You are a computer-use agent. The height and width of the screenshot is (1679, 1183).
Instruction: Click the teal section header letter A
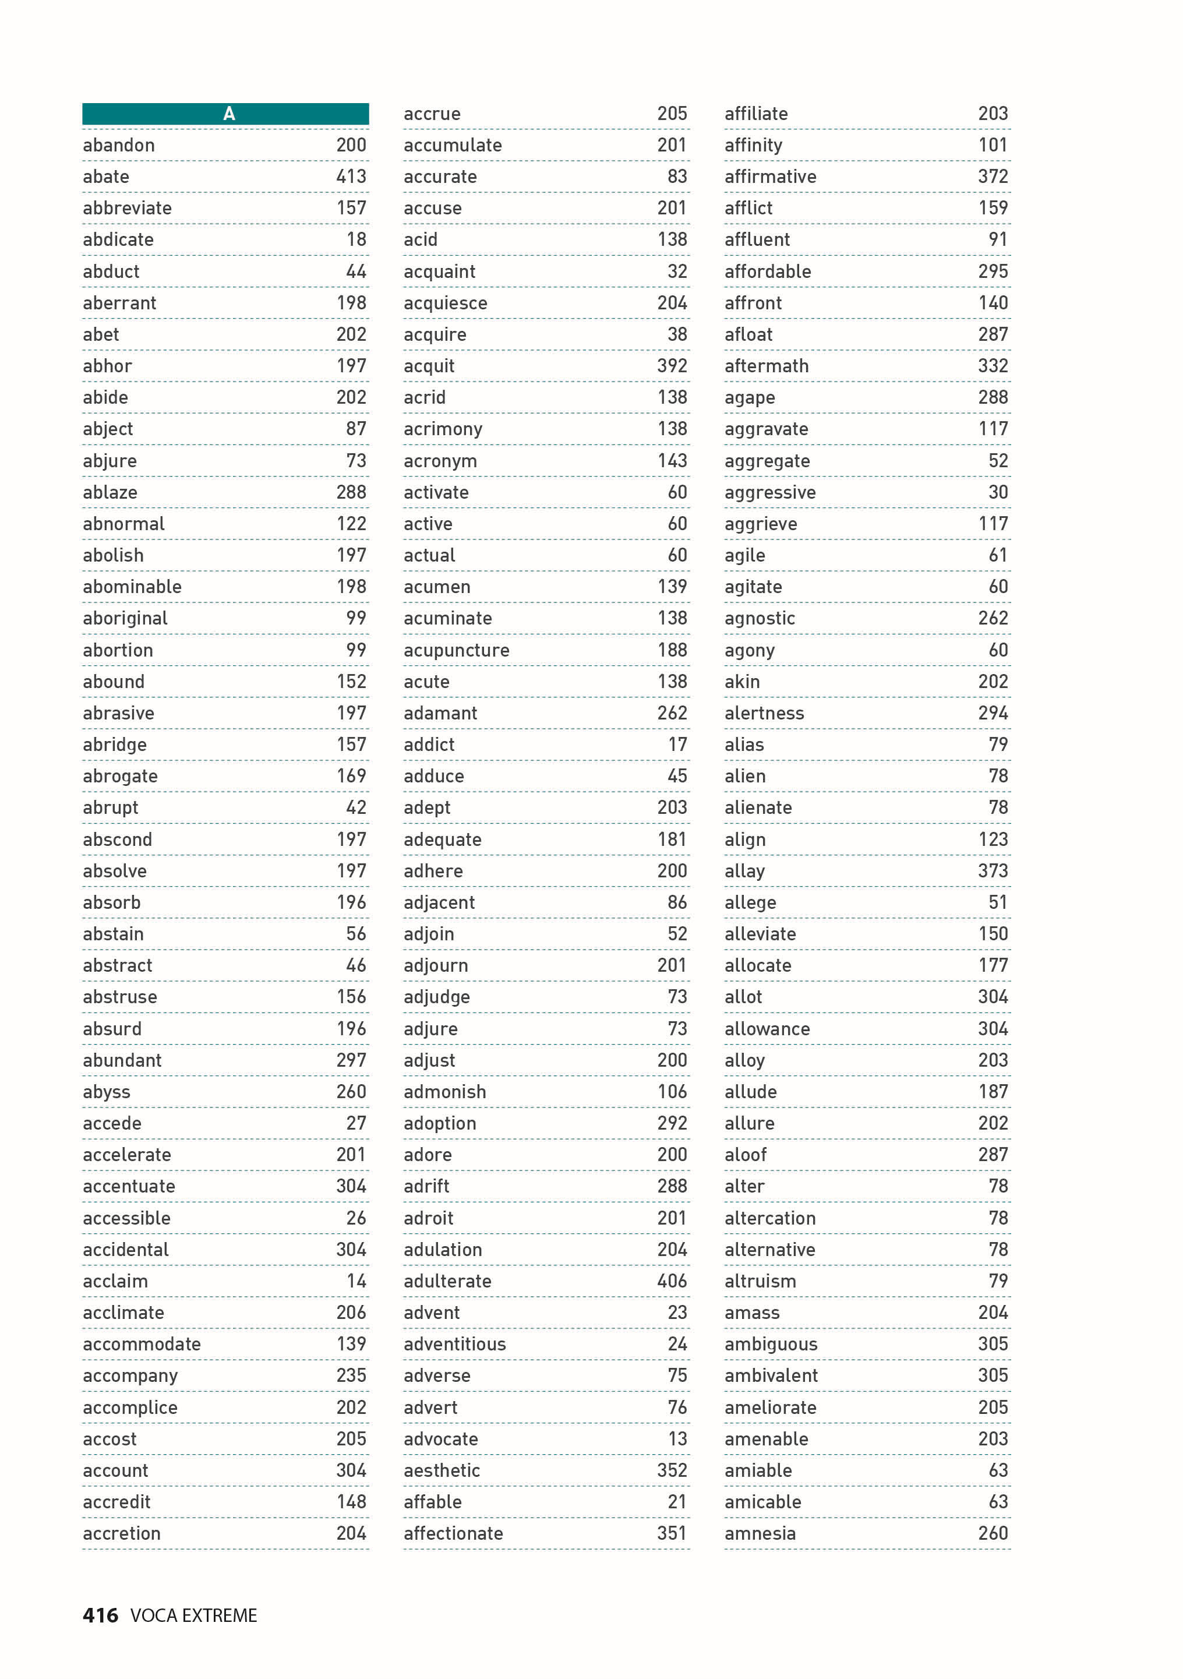click(229, 114)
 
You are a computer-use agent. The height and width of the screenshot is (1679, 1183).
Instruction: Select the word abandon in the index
click(118, 146)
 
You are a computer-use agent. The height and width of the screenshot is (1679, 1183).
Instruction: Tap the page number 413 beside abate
click(351, 177)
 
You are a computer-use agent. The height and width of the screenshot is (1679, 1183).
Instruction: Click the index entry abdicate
click(118, 240)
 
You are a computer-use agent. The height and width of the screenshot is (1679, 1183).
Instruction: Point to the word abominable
click(132, 587)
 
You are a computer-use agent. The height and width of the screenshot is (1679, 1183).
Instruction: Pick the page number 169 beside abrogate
click(351, 776)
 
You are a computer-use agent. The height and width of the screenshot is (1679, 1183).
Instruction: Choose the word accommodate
click(141, 1344)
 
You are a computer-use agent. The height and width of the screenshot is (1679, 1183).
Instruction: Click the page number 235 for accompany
click(351, 1375)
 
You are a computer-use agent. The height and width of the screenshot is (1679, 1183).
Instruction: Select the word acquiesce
click(444, 304)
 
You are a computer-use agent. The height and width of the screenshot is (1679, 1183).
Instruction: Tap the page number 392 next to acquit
click(672, 366)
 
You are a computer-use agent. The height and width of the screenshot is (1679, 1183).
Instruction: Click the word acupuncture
click(456, 651)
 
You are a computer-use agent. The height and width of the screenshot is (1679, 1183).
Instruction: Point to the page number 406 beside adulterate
click(672, 1281)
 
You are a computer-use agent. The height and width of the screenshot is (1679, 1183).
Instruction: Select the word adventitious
click(454, 1344)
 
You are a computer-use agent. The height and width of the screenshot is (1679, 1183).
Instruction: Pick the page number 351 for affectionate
click(672, 1533)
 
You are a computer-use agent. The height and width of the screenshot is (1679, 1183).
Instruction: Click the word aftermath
click(767, 366)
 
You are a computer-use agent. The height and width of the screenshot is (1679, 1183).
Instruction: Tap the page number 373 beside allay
click(993, 871)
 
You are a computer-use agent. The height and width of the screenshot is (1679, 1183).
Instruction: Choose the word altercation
click(770, 1218)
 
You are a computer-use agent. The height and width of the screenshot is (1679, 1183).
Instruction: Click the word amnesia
click(760, 1533)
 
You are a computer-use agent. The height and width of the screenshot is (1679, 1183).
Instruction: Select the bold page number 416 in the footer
click(100, 1615)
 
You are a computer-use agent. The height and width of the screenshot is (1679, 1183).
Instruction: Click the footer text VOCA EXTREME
click(194, 1615)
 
